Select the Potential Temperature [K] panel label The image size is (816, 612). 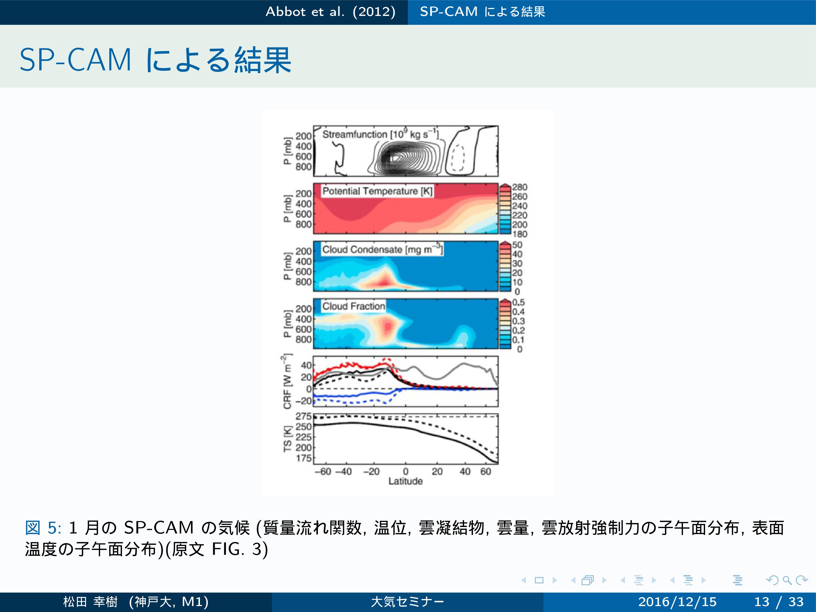[x=377, y=191]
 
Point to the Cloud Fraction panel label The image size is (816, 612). [x=353, y=306]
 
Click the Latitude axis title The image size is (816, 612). [x=405, y=481]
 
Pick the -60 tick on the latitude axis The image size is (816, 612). [x=323, y=471]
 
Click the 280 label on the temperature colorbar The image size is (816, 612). [x=519, y=187]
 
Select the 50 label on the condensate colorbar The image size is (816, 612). [x=517, y=244]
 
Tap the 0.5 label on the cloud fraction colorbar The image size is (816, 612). [x=518, y=302]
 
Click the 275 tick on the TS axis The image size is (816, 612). [x=304, y=416]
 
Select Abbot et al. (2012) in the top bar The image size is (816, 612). [x=331, y=12]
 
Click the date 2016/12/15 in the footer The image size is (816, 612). [x=677, y=602]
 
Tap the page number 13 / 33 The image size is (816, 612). [x=779, y=602]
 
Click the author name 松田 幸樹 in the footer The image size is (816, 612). [x=90, y=602]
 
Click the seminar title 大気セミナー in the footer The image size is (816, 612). [x=408, y=602]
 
